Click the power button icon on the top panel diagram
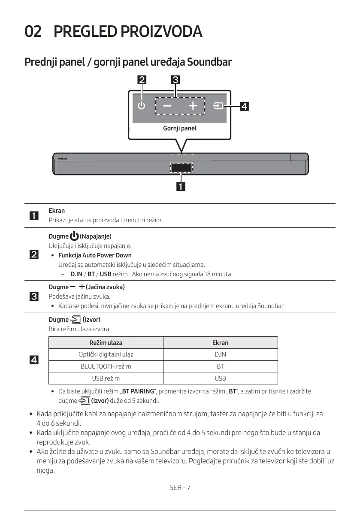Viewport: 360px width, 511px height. (142, 106)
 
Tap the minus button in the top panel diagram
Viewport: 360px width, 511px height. (167, 106)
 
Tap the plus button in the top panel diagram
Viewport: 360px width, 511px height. (193, 106)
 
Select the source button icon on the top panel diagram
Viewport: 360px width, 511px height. (218, 106)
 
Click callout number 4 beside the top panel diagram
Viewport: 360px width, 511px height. (244, 106)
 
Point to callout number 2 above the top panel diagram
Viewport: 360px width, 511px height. (141, 79)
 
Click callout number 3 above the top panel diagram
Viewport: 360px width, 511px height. (175, 79)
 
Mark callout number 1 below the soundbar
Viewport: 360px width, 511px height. (181, 186)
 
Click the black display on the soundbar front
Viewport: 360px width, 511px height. (181, 168)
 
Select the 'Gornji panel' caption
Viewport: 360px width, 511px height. (180, 128)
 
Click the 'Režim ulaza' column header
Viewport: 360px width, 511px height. (106, 343)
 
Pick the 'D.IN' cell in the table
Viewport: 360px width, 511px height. (220, 354)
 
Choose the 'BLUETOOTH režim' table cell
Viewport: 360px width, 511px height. (106, 366)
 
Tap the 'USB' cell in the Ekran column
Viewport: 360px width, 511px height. (220, 378)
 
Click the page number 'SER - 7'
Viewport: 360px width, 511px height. (180, 487)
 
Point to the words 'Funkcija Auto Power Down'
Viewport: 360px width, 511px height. (95, 255)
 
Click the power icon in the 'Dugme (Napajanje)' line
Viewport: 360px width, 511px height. (74, 236)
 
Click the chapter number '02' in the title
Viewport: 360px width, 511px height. (33, 32)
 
